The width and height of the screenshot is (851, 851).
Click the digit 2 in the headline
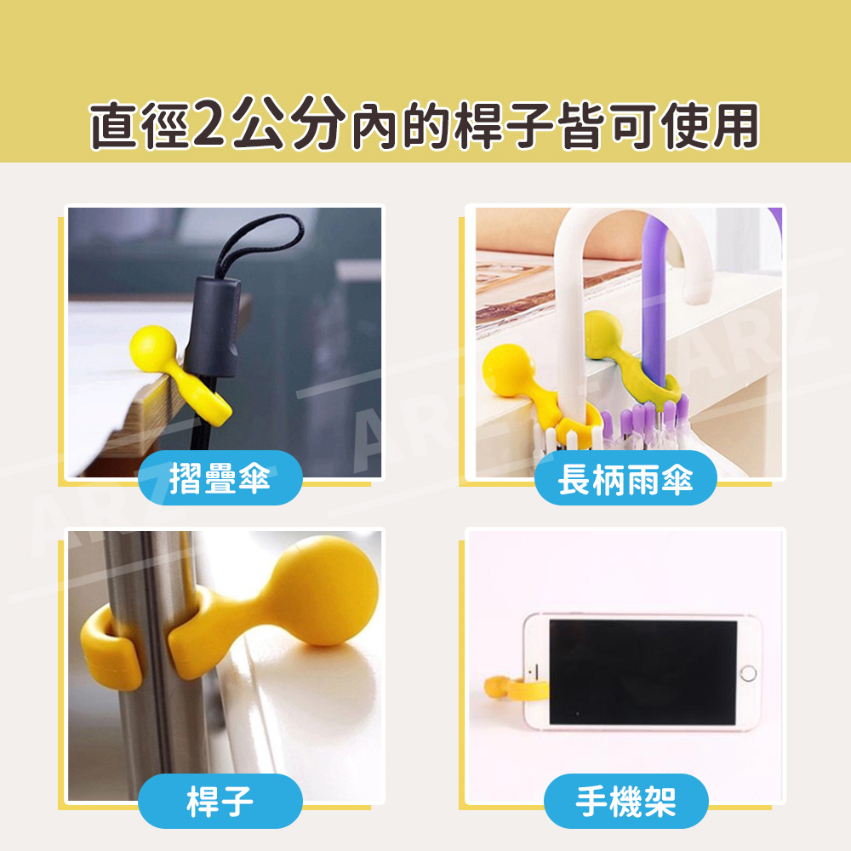click(x=208, y=123)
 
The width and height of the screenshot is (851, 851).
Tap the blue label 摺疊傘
click(x=220, y=477)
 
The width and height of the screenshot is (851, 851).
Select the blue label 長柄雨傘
click(x=625, y=477)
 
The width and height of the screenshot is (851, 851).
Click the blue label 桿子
click(x=220, y=801)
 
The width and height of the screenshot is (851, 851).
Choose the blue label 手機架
click(x=625, y=801)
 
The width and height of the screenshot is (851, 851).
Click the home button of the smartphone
click(x=748, y=673)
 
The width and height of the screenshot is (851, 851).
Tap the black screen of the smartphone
click(x=643, y=672)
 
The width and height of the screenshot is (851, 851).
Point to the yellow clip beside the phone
click(x=515, y=688)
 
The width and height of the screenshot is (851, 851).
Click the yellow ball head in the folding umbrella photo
click(x=153, y=347)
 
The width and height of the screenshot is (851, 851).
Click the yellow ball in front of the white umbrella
click(x=508, y=371)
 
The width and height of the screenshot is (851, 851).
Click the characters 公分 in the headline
click(x=288, y=123)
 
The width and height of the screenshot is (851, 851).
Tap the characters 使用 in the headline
click(x=710, y=126)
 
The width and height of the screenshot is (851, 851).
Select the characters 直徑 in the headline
click(x=140, y=126)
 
